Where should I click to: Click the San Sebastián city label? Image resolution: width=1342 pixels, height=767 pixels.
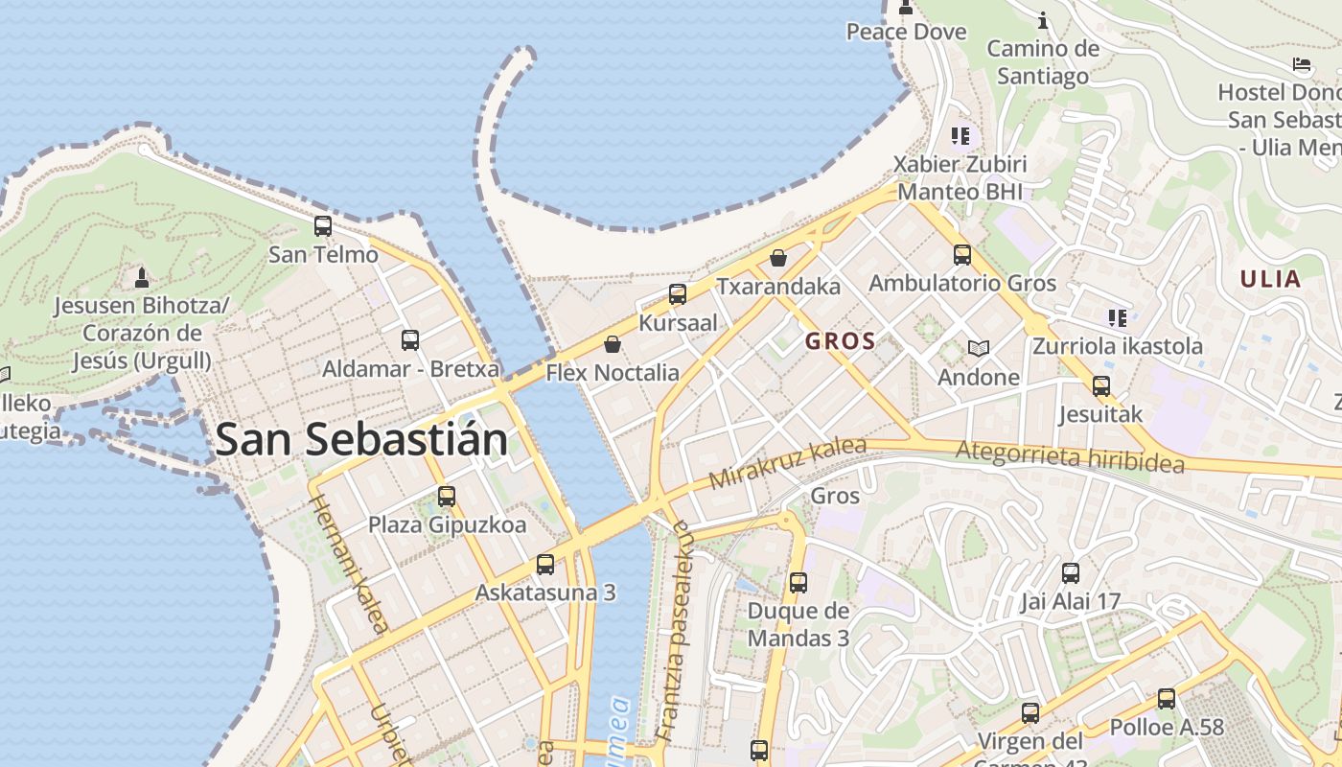point(361,440)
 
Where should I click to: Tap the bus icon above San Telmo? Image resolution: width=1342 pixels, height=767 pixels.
point(323,226)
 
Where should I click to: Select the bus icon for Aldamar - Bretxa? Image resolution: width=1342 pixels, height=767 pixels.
point(410,339)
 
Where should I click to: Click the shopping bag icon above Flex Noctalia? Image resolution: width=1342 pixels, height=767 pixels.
point(613,343)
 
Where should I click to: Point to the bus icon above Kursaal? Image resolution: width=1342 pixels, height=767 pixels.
point(678,294)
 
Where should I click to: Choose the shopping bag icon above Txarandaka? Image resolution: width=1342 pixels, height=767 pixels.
point(778,258)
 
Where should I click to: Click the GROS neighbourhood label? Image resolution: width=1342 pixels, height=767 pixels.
point(840,341)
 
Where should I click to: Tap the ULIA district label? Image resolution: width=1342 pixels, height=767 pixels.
point(1270,280)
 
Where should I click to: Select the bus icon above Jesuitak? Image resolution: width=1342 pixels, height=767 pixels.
point(1101,386)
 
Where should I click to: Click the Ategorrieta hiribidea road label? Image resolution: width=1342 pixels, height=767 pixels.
point(1070,456)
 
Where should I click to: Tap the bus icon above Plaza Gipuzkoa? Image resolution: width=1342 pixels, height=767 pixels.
point(447,497)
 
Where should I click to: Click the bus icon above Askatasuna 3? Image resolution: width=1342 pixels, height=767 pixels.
point(545,564)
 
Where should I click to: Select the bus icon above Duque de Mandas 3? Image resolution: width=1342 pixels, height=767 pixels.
point(798,582)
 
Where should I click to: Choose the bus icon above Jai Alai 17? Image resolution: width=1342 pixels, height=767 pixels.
point(1071,573)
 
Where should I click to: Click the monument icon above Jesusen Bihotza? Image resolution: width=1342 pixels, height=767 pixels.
point(142,278)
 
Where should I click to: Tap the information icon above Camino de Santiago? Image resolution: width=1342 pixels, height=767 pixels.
point(1043,20)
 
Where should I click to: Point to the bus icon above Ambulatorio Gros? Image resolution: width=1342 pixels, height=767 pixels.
point(962,255)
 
